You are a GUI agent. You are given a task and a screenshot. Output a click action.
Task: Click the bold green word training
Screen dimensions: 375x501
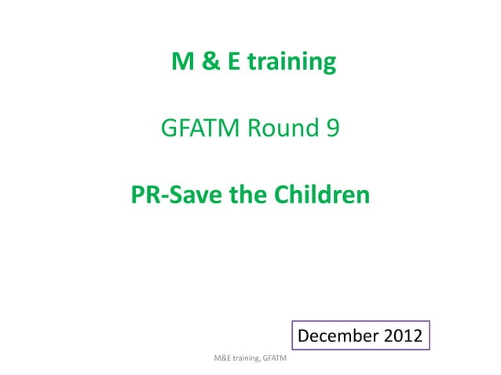pyautogui.click(x=291, y=62)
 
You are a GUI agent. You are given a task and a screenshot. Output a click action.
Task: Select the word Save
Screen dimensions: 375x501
pyautogui.click(x=193, y=193)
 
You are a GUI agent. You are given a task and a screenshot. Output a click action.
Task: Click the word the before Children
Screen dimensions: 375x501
pyautogui.click(x=247, y=193)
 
